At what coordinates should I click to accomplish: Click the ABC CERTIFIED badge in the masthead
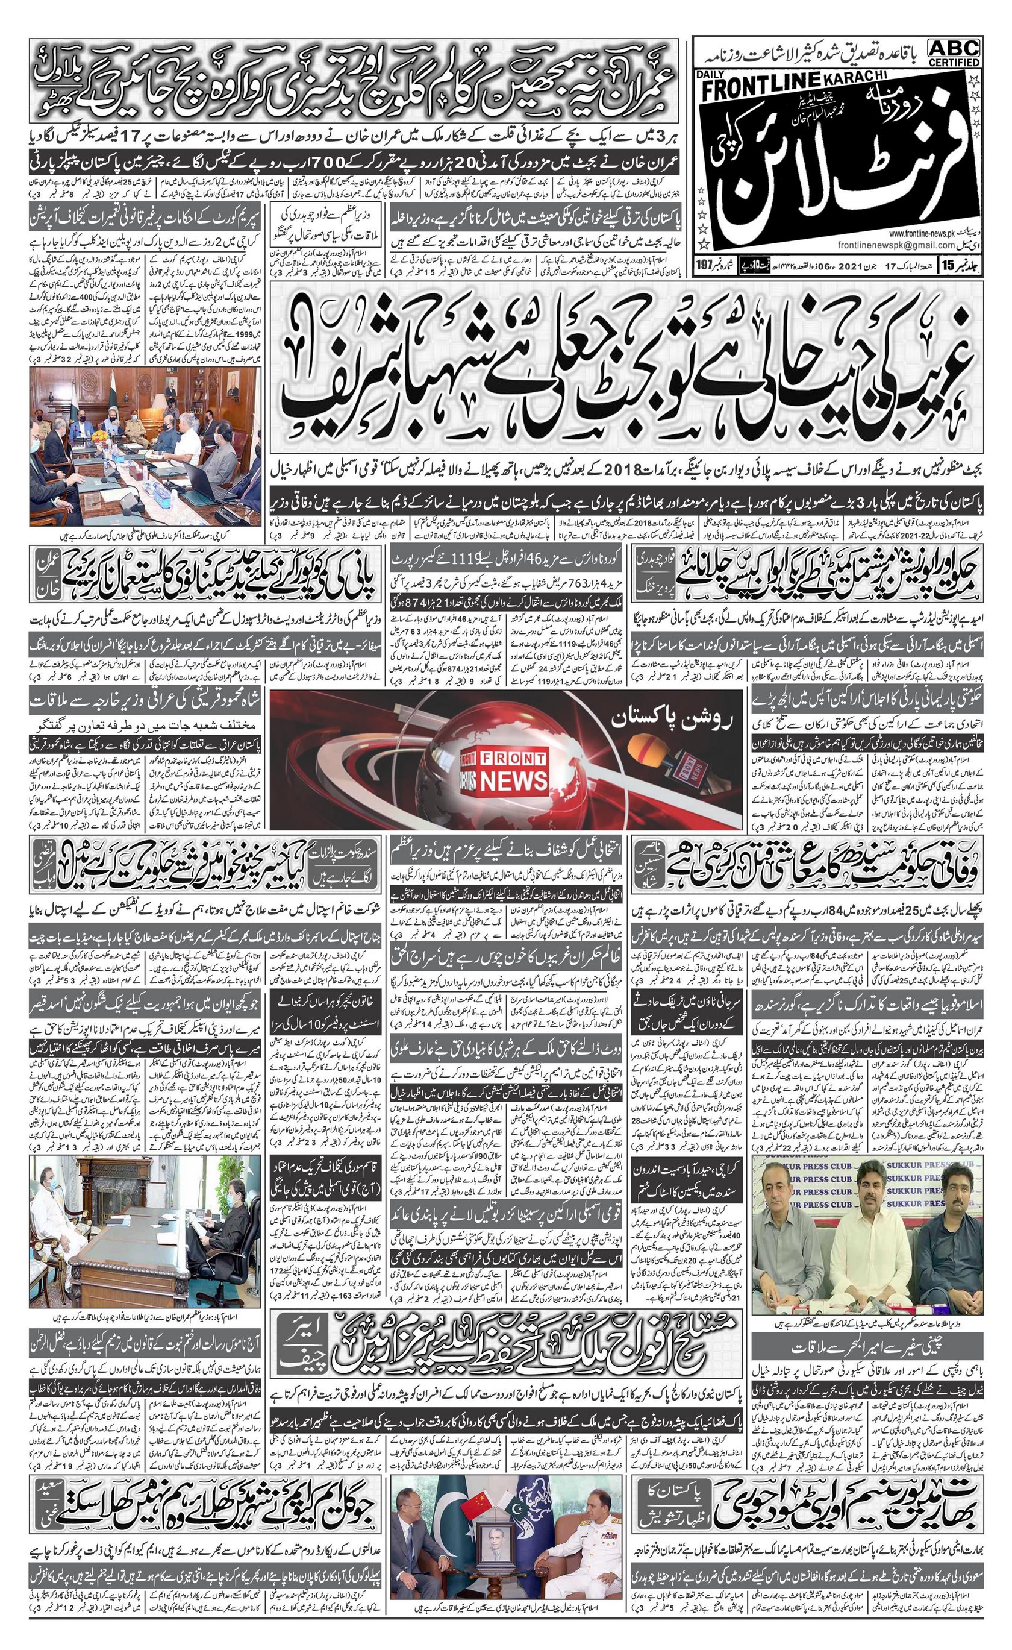coord(954,52)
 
